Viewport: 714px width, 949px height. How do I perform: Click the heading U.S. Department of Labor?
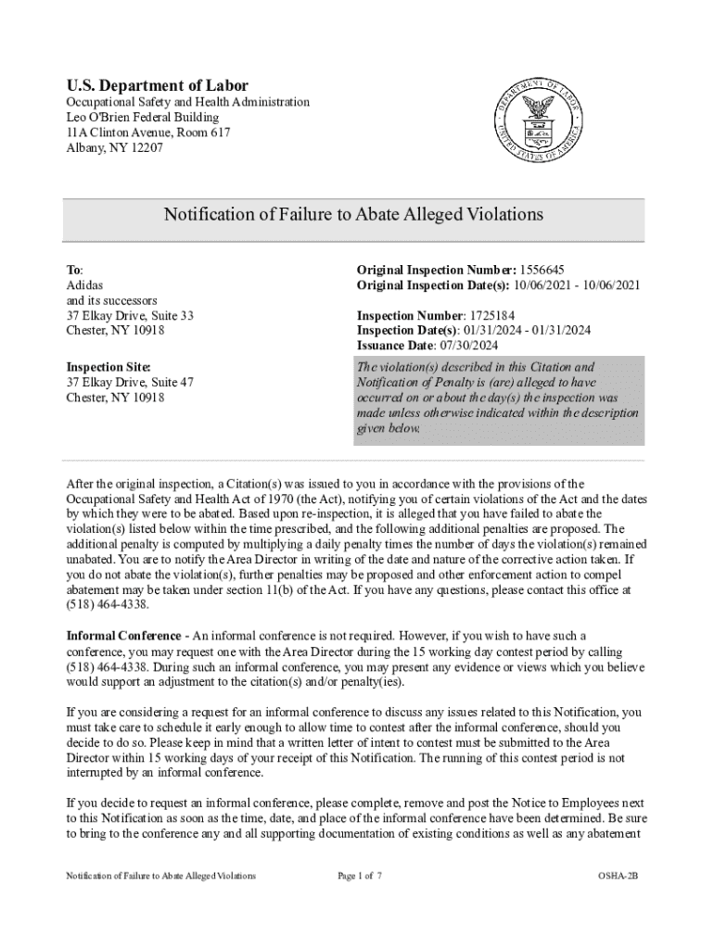157,85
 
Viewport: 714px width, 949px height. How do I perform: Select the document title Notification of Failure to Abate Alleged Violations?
353,215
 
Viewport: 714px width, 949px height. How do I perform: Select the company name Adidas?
84,285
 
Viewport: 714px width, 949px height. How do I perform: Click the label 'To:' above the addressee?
74,270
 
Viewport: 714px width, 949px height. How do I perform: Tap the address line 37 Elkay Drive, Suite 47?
130,383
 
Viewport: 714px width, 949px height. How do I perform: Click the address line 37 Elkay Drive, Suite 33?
130,316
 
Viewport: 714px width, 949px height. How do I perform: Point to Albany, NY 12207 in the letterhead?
114,147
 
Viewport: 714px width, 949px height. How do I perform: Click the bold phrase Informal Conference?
122,636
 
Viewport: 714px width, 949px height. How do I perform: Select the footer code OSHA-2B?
618,876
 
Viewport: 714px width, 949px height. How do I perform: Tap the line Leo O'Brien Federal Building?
142,118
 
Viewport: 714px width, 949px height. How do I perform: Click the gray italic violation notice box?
498,399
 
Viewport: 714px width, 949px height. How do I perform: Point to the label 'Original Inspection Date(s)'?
429,285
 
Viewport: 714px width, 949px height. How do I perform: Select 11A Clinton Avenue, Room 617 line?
147,133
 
